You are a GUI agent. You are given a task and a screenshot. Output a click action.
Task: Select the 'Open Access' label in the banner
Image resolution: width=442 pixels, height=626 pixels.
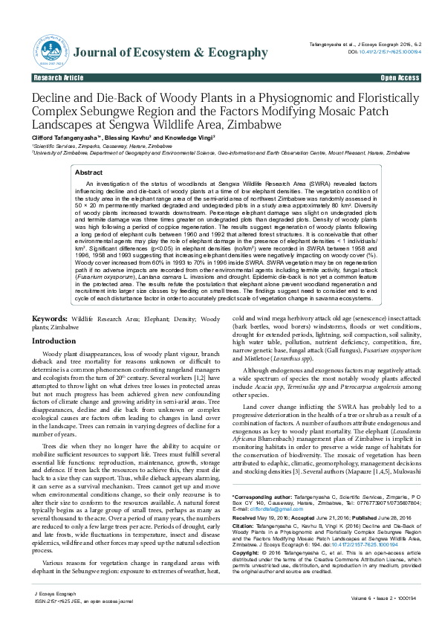400,77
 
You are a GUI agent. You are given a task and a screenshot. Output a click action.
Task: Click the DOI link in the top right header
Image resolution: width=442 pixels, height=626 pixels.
394,52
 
